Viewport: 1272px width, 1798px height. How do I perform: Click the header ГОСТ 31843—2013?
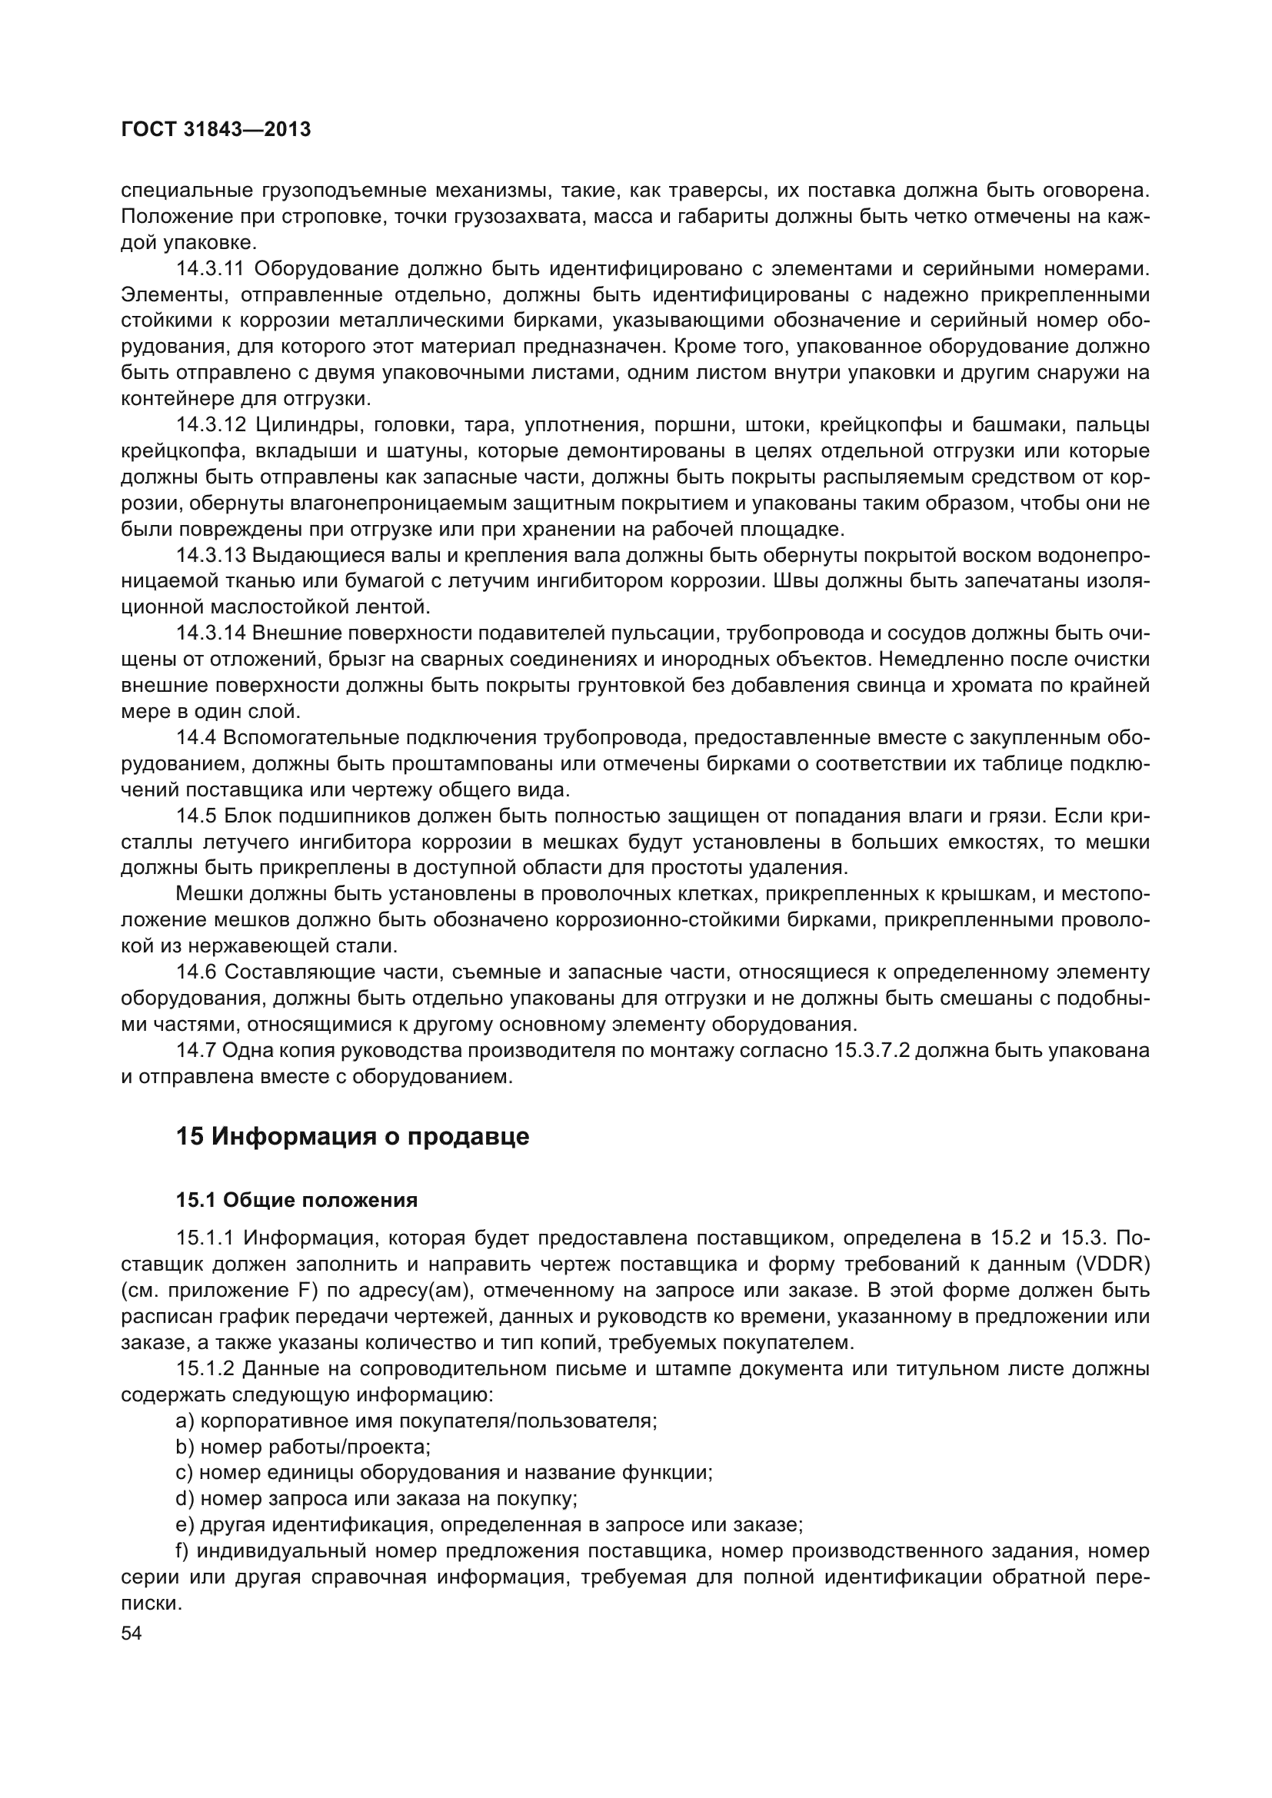[x=216, y=129]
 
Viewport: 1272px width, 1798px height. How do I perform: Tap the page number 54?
[x=132, y=1633]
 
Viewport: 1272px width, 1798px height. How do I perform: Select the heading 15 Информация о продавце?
[x=352, y=1136]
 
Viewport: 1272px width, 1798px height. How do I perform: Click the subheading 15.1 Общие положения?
[x=297, y=1200]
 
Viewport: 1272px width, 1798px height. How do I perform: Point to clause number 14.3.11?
[x=211, y=268]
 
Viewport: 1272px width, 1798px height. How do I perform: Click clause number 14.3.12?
[x=211, y=425]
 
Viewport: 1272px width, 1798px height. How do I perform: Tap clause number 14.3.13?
[x=211, y=555]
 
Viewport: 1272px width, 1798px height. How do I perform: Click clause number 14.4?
[x=198, y=738]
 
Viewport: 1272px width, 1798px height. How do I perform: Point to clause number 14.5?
[x=198, y=816]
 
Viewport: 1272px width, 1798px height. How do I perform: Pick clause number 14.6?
[x=198, y=972]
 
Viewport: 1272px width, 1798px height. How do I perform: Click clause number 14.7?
[x=198, y=1050]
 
